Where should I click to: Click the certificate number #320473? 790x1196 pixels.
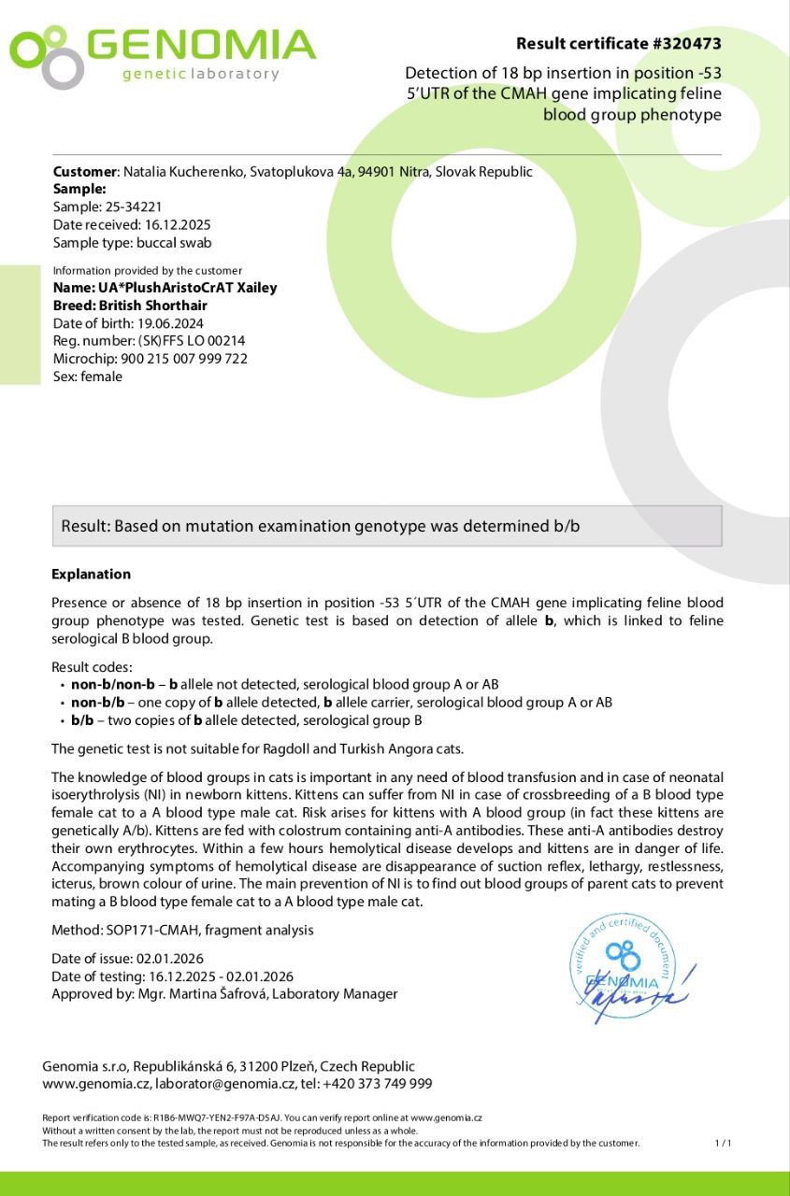point(689,44)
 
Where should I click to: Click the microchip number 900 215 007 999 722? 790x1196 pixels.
point(184,359)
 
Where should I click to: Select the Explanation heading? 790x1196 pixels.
point(92,575)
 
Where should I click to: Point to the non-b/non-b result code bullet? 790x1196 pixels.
point(113,685)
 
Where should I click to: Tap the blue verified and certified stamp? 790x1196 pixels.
point(625,970)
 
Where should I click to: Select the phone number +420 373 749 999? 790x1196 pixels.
point(377,1084)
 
